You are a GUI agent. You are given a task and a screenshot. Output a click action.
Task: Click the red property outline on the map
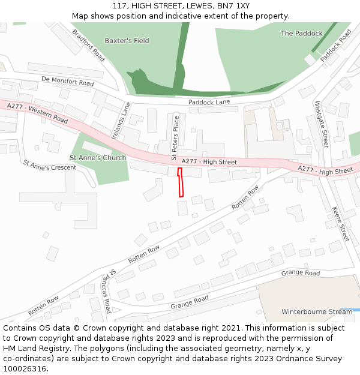point(180,182)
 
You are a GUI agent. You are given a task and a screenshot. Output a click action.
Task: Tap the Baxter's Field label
point(127,41)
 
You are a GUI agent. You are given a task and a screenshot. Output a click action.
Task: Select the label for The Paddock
point(301,34)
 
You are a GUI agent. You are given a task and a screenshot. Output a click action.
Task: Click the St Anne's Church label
point(98,158)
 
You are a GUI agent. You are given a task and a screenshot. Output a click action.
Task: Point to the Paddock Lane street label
point(209,103)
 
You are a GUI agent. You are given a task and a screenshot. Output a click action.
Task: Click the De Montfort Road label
point(68,81)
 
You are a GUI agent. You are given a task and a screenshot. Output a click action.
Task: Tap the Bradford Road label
point(88,45)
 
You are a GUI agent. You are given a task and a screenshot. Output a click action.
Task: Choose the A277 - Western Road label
point(38,113)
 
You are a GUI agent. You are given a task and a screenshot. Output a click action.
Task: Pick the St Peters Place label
point(175,137)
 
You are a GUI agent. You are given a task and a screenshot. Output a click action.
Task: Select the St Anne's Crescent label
point(50,165)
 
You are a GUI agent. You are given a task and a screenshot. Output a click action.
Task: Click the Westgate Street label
point(322,124)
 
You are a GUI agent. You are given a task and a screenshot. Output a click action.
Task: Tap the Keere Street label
point(340,224)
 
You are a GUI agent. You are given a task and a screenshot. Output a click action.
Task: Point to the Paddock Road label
point(335,46)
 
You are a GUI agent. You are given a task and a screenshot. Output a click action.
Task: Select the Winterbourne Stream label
point(317,312)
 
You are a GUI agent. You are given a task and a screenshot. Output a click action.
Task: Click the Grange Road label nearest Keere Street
point(301,273)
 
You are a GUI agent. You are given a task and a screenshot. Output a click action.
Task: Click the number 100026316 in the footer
point(24,368)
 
